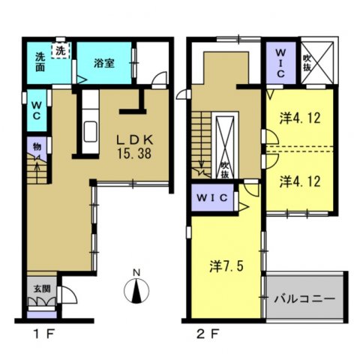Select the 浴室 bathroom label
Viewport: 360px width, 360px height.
pos(103,64)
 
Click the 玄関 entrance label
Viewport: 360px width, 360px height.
pos(41,287)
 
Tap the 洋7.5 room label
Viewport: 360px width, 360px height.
pos(225,265)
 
